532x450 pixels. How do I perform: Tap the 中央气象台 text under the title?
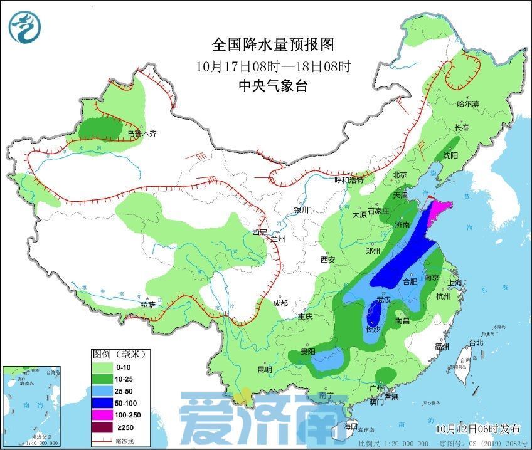tap(272, 86)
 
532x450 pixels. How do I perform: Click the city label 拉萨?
tap(147, 305)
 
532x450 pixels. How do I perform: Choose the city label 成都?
tap(280, 303)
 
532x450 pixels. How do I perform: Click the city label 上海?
tap(457, 283)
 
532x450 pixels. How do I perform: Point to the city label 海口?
tap(351, 426)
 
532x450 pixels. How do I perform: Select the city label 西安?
tap(329, 259)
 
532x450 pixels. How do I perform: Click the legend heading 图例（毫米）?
tap(119, 354)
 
